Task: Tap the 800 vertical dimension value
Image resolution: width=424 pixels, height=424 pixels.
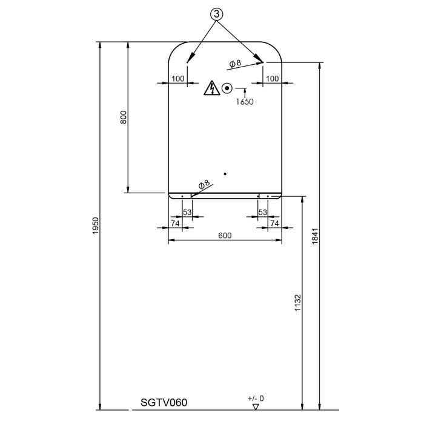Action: tap(124, 118)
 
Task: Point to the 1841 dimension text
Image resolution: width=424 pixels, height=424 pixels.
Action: tap(314, 236)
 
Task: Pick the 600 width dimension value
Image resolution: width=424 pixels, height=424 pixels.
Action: tap(225, 236)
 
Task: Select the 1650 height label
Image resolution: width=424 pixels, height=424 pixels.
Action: tap(245, 102)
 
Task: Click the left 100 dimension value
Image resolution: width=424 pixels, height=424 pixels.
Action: tap(177, 79)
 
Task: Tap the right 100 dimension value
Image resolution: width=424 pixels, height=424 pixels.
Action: tap(273, 79)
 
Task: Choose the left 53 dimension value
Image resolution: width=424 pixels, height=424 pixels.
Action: tap(187, 212)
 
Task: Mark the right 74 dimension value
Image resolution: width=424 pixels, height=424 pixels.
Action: tap(274, 224)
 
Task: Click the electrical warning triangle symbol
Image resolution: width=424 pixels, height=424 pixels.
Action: tap(211, 88)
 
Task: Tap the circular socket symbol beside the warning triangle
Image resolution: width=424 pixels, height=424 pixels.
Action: tap(227, 88)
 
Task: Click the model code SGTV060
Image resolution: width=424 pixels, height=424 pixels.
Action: tap(164, 402)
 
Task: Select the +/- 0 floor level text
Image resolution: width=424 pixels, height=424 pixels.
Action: tap(256, 398)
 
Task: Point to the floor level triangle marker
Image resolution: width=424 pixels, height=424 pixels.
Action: tap(256, 406)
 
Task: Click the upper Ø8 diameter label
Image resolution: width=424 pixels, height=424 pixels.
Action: tap(235, 62)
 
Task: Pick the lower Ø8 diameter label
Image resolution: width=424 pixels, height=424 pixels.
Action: tap(204, 185)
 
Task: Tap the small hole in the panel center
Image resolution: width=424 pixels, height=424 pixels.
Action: tap(225, 174)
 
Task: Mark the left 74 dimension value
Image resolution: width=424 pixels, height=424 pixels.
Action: tap(175, 224)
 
